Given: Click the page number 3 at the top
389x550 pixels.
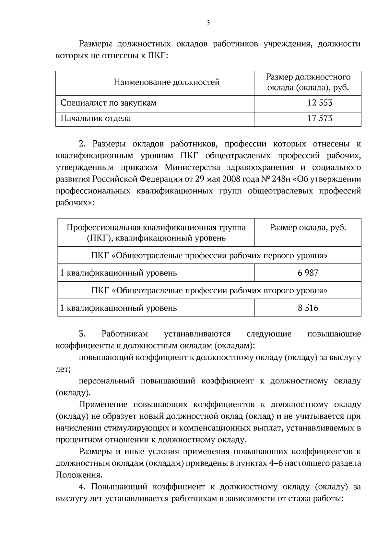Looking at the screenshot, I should click(208, 23).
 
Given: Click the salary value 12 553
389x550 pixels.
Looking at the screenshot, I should click(320, 103).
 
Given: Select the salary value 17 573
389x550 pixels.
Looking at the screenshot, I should click(320, 118).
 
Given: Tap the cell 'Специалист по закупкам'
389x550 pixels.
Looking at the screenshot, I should click(109, 103).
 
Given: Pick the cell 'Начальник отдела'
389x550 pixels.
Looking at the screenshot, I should click(96, 118).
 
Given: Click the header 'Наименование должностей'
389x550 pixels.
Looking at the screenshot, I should click(167, 82).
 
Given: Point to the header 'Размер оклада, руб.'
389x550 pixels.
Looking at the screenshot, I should click(308, 228).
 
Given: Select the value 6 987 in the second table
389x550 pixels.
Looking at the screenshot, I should click(308, 273).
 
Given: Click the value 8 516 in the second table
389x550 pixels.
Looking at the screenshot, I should click(308, 308).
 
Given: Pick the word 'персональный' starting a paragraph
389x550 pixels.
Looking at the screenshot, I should click(107, 381).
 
